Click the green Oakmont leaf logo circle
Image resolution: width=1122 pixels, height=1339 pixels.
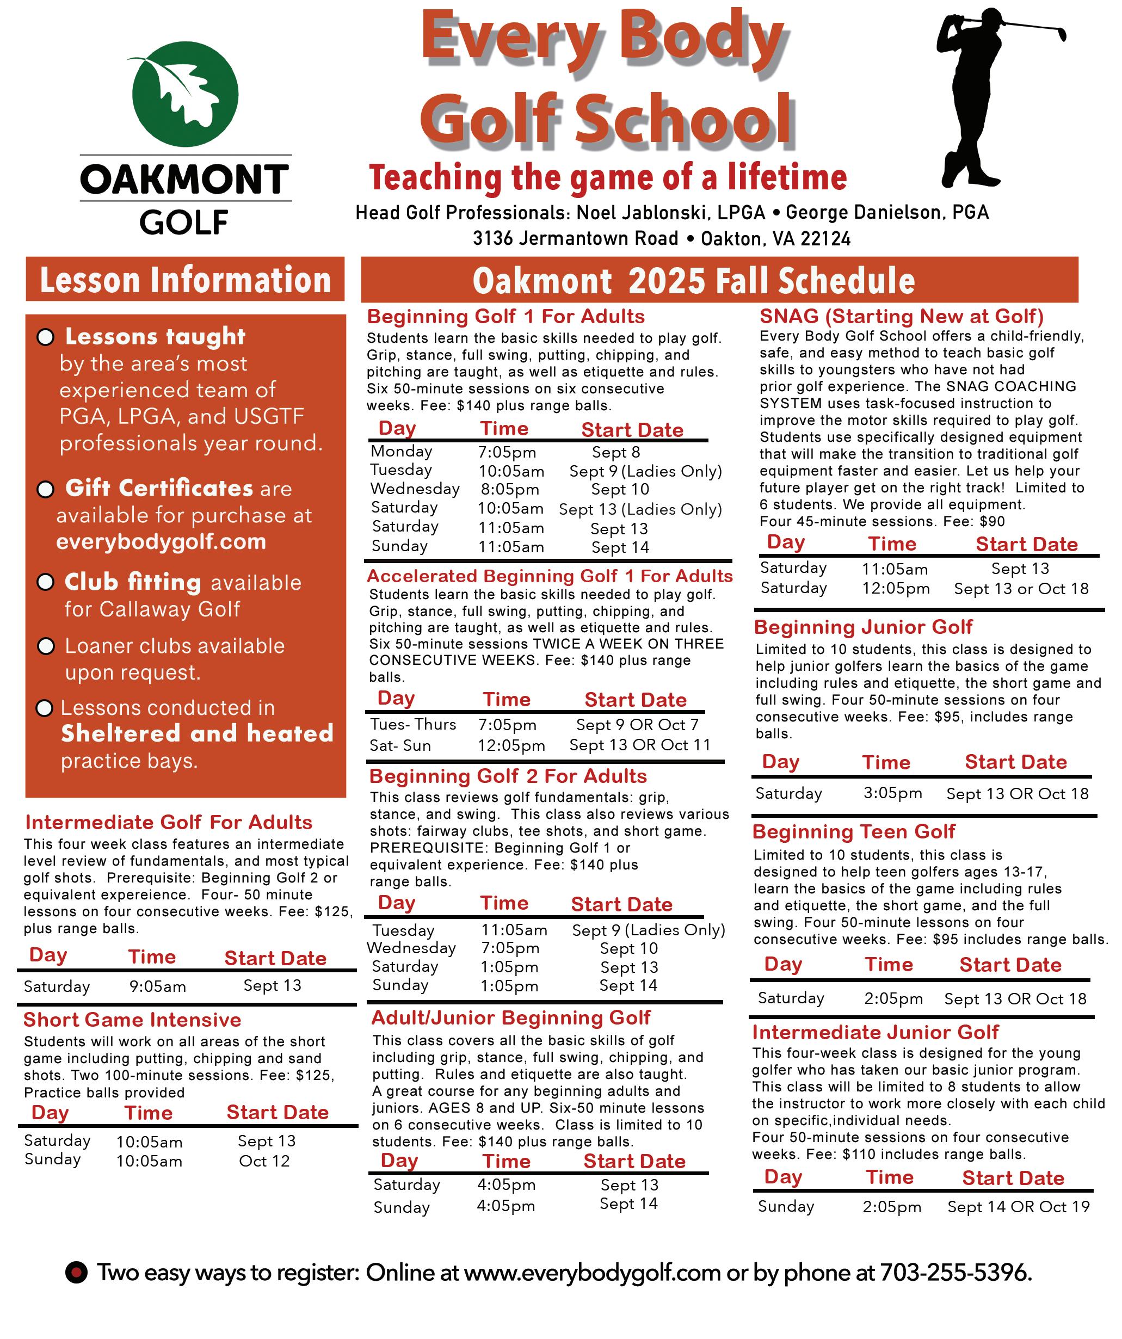pos(185,94)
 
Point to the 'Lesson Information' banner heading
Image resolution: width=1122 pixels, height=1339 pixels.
pos(186,280)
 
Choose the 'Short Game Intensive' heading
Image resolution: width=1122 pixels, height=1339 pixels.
pos(132,1020)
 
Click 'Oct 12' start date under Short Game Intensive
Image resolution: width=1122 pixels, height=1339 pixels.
pos(264,1161)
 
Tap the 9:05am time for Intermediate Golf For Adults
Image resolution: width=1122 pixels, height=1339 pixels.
pos(157,986)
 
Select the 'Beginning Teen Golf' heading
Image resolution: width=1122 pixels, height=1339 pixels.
pos(854,831)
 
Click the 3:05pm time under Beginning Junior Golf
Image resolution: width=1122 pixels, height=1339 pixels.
pos(892,793)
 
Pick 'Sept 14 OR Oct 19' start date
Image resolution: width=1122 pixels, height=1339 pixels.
pos(1018,1206)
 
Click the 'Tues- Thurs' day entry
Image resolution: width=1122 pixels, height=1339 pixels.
pos(413,724)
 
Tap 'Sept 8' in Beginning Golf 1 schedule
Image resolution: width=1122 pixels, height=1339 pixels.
pos(616,452)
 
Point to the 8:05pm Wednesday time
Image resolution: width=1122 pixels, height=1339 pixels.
pos(509,489)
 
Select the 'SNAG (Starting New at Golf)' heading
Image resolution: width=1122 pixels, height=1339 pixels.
pos(902,316)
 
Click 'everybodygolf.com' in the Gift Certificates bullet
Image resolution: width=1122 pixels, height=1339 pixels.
pos(161,541)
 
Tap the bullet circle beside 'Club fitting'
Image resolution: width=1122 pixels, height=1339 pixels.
pos(45,582)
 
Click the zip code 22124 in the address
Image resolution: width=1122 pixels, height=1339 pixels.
pos(825,238)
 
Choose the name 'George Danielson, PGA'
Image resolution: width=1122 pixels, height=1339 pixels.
pos(887,212)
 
